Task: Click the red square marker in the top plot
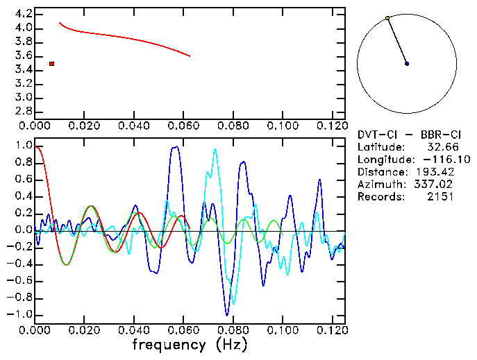(51, 64)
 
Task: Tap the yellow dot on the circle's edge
(387, 18)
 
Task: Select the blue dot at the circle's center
(407, 64)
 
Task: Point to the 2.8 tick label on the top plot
(24, 111)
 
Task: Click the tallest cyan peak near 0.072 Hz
(215, 149)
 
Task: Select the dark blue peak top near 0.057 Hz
(175, 146)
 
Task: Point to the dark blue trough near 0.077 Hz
(226, 315)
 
